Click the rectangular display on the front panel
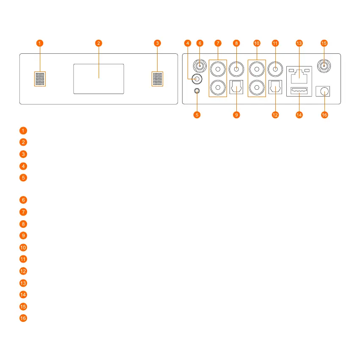point(99,79)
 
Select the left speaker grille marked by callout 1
point(40,79)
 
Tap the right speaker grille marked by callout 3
point(158,79)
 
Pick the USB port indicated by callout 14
point(299,90)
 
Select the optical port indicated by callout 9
point(236,88)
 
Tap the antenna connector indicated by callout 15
point(324,66)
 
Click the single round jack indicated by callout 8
point(236,67)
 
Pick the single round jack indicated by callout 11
point(275,67)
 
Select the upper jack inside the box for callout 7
point(218,67)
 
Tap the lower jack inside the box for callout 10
point(256,88)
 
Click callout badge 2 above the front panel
point(99,43)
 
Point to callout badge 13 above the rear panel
point(299,43)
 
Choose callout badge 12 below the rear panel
point(275,115)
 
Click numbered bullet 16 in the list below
point(24,318)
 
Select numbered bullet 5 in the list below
point(24,177)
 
